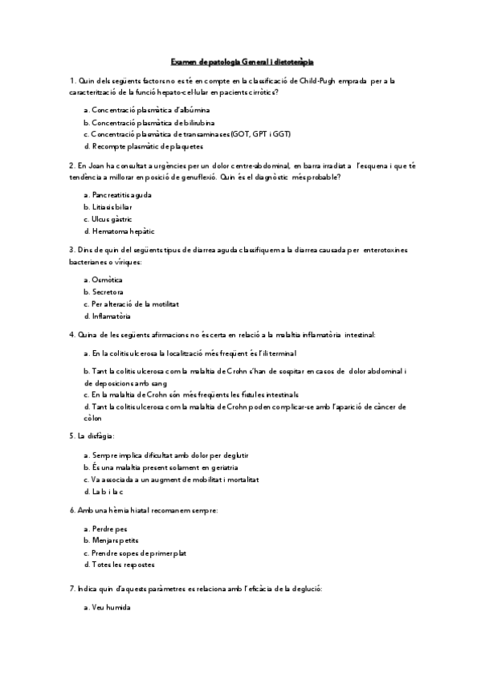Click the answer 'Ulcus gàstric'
112,218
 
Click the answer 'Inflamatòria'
112,316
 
